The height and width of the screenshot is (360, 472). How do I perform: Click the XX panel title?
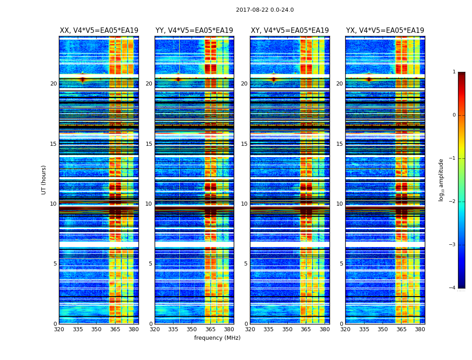point(99,31)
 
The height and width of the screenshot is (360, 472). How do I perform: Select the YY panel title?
point(194,31)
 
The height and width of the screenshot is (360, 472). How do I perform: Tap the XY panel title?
point(289,31)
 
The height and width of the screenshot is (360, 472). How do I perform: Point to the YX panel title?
point(385,31)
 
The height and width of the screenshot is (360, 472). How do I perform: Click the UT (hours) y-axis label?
point(44,180)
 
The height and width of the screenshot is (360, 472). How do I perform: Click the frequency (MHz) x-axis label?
point(217,338)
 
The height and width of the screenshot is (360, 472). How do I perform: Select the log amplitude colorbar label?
point(441,180)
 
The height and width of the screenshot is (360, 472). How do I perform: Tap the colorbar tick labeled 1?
point(454,72)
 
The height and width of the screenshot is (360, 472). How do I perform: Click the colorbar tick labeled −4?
point(453,288)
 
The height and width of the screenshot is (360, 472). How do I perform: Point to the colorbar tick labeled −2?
point(453,202)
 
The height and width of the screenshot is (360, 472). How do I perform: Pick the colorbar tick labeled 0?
point(454,115)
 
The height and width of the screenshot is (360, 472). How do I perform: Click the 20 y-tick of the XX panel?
point(53,84)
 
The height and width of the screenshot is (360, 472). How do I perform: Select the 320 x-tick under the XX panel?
point(59,329)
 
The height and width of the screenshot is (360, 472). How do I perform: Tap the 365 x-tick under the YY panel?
point(210,329)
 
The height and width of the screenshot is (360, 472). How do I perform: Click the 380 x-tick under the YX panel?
point(420,329)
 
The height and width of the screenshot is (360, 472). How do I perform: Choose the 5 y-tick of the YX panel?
point(341,264)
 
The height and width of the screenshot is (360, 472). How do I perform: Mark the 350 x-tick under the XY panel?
point(287,329)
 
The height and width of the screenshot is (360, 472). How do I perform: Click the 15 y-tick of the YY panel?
point(149,144)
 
